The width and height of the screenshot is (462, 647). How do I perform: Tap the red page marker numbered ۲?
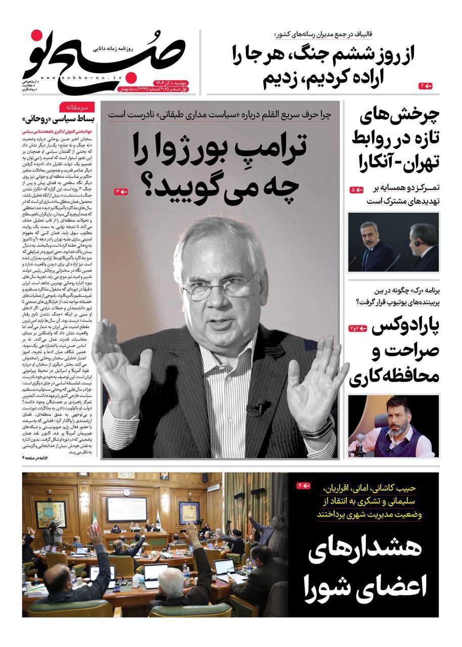coord(426,86)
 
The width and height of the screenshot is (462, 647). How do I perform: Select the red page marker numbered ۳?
coord(121,192)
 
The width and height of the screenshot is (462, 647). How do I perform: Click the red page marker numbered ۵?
coord(357,190)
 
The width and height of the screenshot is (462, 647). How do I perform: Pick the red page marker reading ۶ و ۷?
coord(356,329)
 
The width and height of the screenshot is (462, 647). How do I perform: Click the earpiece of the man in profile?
coord(418,243)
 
